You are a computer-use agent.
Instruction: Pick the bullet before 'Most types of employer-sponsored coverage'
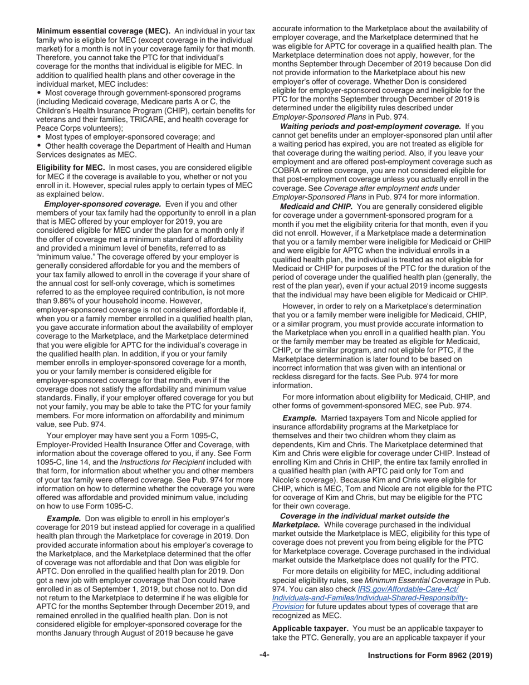pyautogui.click(x=40, y=136)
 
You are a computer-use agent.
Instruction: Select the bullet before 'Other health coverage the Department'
pyautogui.click(x=40, y=146)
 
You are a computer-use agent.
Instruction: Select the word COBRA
pyautogui.click(x=286, y=170)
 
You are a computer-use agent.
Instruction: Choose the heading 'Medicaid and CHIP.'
pyautogui.click(x=312, y=207)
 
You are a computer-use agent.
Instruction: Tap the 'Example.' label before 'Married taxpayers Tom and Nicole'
pyautogui.click(x=299, y=418)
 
